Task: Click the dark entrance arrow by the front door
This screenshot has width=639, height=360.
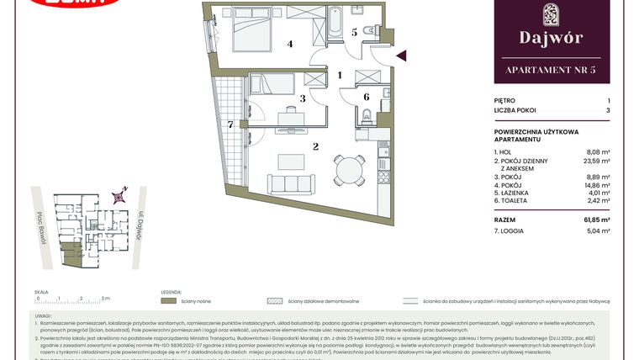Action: (401, 56)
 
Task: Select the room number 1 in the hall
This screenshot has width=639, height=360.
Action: (339, 75)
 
